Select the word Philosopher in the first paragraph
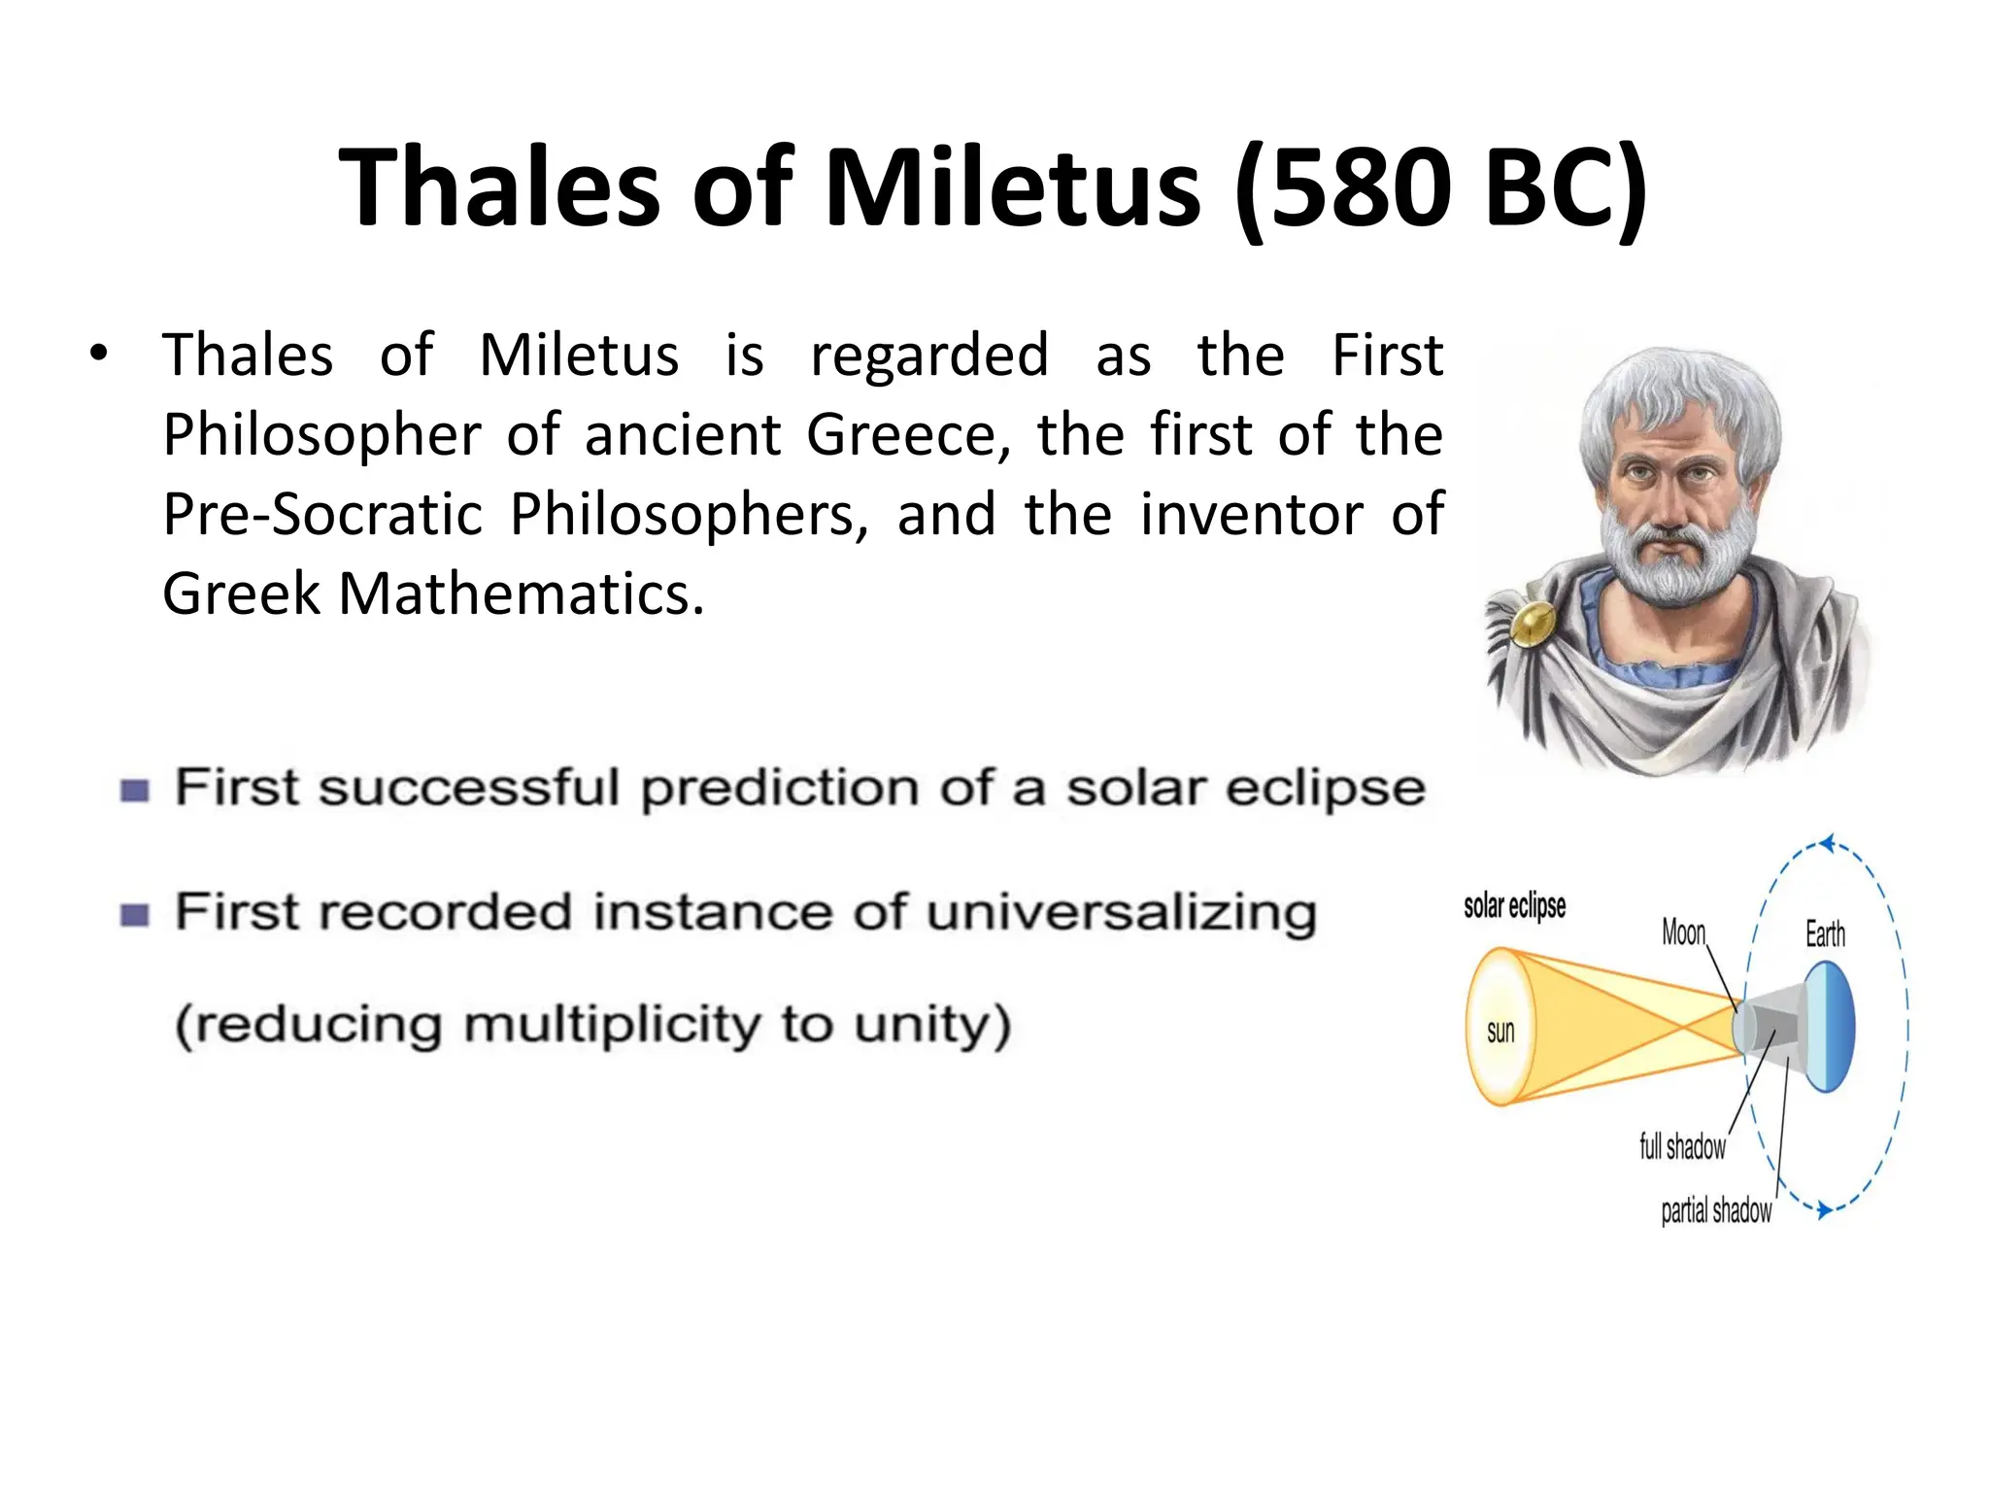coord(321,434)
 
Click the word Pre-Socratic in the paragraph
coord(321,514)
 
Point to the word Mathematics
coord(520,593)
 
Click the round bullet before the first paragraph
coord(97,354)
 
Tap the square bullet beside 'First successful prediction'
coord(135,791)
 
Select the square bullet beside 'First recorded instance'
coord(135,915)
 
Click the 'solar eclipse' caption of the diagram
coord(1514,905)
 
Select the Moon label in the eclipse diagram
coord(1683,932)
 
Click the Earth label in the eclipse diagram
coord(1825,934)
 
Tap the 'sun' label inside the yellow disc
coord(1500,1032)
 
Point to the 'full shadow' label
coord(1682,1146)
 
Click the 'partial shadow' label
coord(1716,1210)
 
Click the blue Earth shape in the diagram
coord(1831,1027)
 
